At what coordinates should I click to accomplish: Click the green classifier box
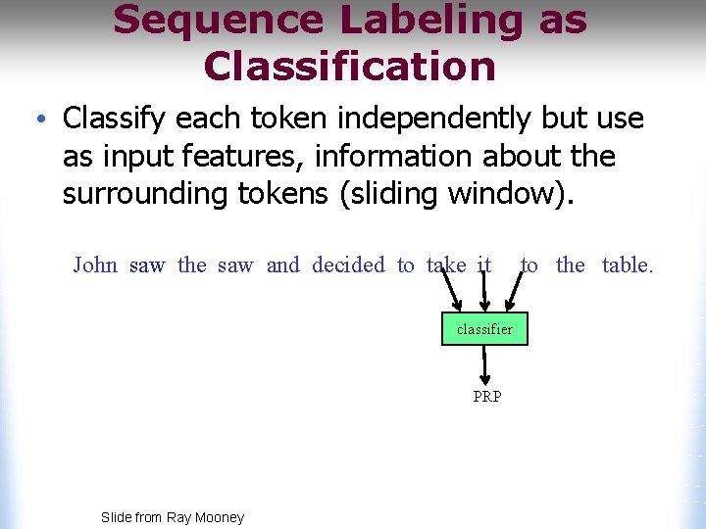484,329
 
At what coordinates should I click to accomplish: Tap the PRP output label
486,397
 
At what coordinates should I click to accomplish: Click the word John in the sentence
95,264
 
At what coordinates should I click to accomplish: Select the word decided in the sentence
348,264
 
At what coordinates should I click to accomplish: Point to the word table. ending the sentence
627,264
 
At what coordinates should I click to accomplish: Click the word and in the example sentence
283,264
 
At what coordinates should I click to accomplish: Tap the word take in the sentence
446,264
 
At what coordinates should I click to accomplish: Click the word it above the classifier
483,264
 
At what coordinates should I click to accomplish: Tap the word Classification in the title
349,66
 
